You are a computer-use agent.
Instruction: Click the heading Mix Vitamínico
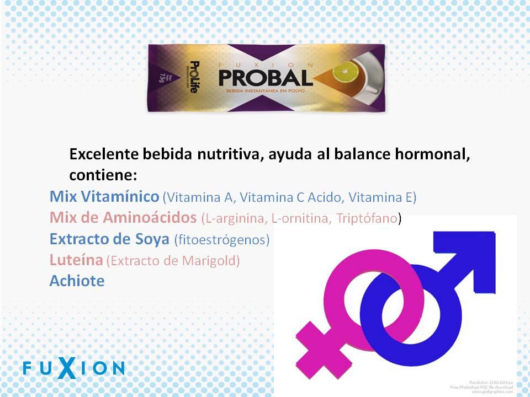coord(104,196)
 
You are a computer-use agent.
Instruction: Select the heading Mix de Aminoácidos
coord(123,218)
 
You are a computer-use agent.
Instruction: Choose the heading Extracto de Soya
coord(109,239)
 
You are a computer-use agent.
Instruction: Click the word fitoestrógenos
coord(221,240)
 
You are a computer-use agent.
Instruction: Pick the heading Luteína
coord(76,260)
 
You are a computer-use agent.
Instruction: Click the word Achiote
coord(77,281)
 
